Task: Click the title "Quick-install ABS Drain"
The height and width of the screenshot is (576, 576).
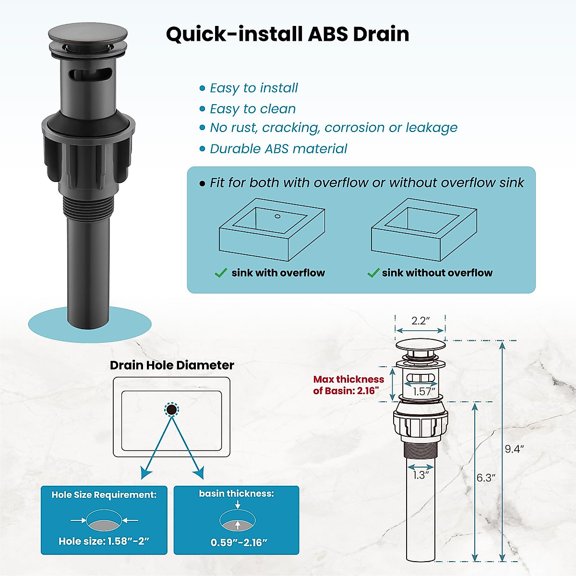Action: click(x=288, y=34)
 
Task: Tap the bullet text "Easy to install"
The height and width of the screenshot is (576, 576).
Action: click(x=253, y=88)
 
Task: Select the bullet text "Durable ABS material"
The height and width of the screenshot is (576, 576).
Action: click(x=278, y=149)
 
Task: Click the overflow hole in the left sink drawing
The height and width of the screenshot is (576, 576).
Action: click(x=277, y=216)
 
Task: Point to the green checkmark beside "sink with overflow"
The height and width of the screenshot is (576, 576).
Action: click(x=221, y=273)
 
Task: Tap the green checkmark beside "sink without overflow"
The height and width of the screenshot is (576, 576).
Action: click(x=373, y=273)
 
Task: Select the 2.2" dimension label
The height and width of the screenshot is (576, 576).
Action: click(x=420, y=321)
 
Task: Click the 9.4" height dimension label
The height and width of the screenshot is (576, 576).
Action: click(x=514, y=449)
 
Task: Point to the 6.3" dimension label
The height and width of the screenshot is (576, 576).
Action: click(x=486, y=478)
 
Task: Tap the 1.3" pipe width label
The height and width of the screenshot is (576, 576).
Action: click(x=420, y=475)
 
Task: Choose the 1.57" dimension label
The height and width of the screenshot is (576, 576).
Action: click(x=423, y=392)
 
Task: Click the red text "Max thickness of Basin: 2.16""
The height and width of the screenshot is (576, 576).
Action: click(x=348, y=385)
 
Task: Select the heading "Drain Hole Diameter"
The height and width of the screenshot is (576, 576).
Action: click(x=172, y=365)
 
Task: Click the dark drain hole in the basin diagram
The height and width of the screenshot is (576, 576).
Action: click(x=171, y=410)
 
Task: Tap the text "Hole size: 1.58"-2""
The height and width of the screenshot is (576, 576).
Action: click(x=104, y=541)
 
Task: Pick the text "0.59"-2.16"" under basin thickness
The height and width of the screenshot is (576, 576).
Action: click(x=239, y=543)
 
